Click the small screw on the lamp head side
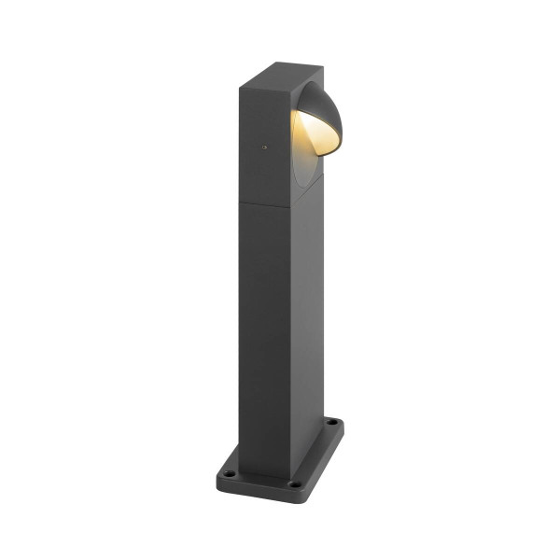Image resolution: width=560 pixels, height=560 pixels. (x=264, y=147)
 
